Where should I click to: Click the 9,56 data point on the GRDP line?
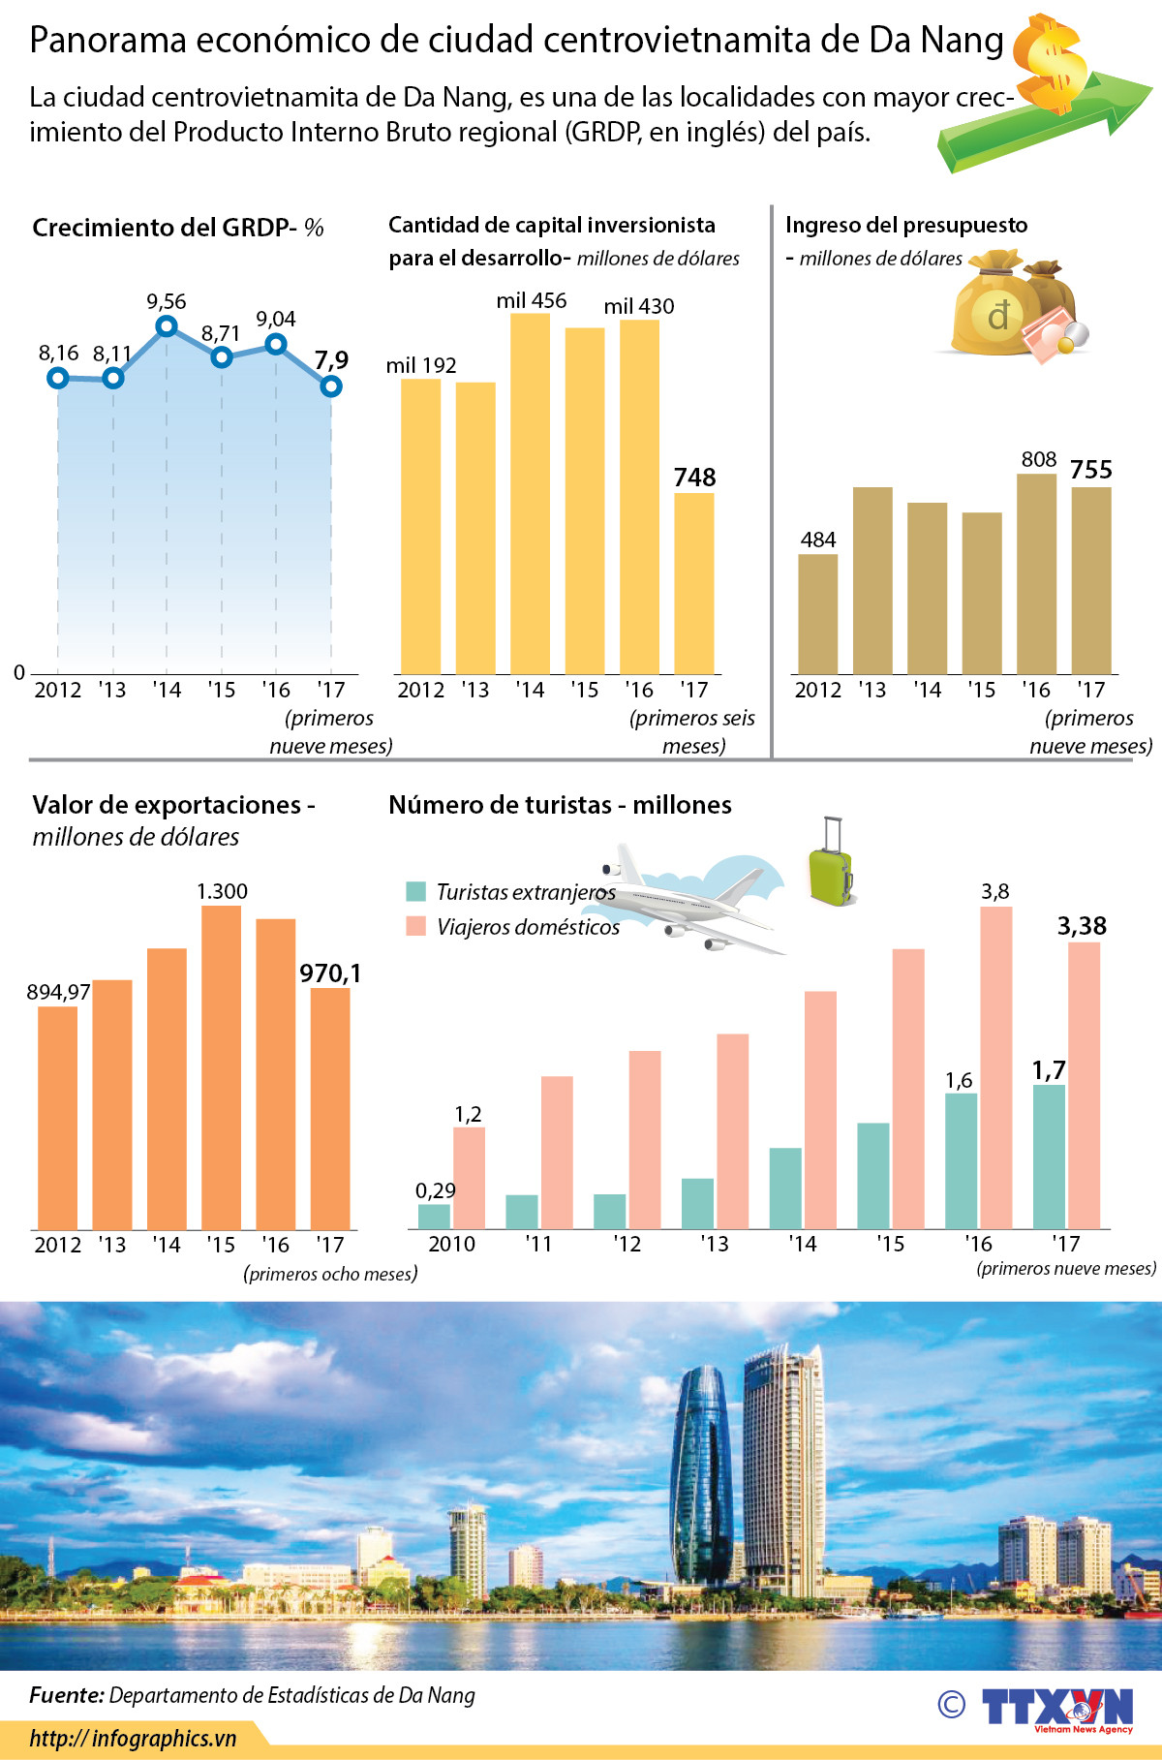(x=167, y=326)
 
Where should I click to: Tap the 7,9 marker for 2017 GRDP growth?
(x=331, y=386)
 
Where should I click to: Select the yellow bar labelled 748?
(x=694, y=583)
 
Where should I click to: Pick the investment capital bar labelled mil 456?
(x=530, y=494)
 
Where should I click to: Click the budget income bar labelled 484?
(x=818, y=614)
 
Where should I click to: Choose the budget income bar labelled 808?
(x=1037, y=573)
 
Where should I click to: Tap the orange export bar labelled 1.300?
(x=222, y=1067)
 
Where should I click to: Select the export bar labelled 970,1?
(x=330, y=1108)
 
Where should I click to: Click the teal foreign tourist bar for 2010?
(x=435, y=1217)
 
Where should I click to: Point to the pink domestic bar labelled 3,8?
(x=996, y=1067)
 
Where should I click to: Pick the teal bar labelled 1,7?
(x=1049, y=1157)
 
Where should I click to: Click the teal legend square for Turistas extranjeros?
(x=416, y=891)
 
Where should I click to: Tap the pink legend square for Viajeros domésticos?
(x=416, y=926)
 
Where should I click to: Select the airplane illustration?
(x=692, y=896)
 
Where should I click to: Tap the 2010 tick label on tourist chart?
(x=452, y=1244)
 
